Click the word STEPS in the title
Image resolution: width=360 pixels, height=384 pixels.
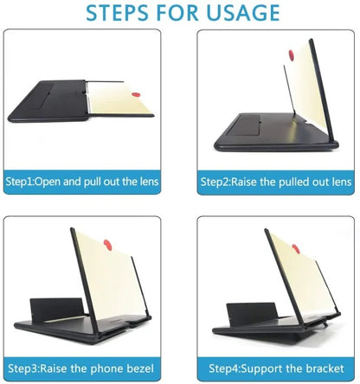tap(115, 13)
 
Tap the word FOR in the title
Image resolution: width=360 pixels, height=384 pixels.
tap(175, 13)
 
